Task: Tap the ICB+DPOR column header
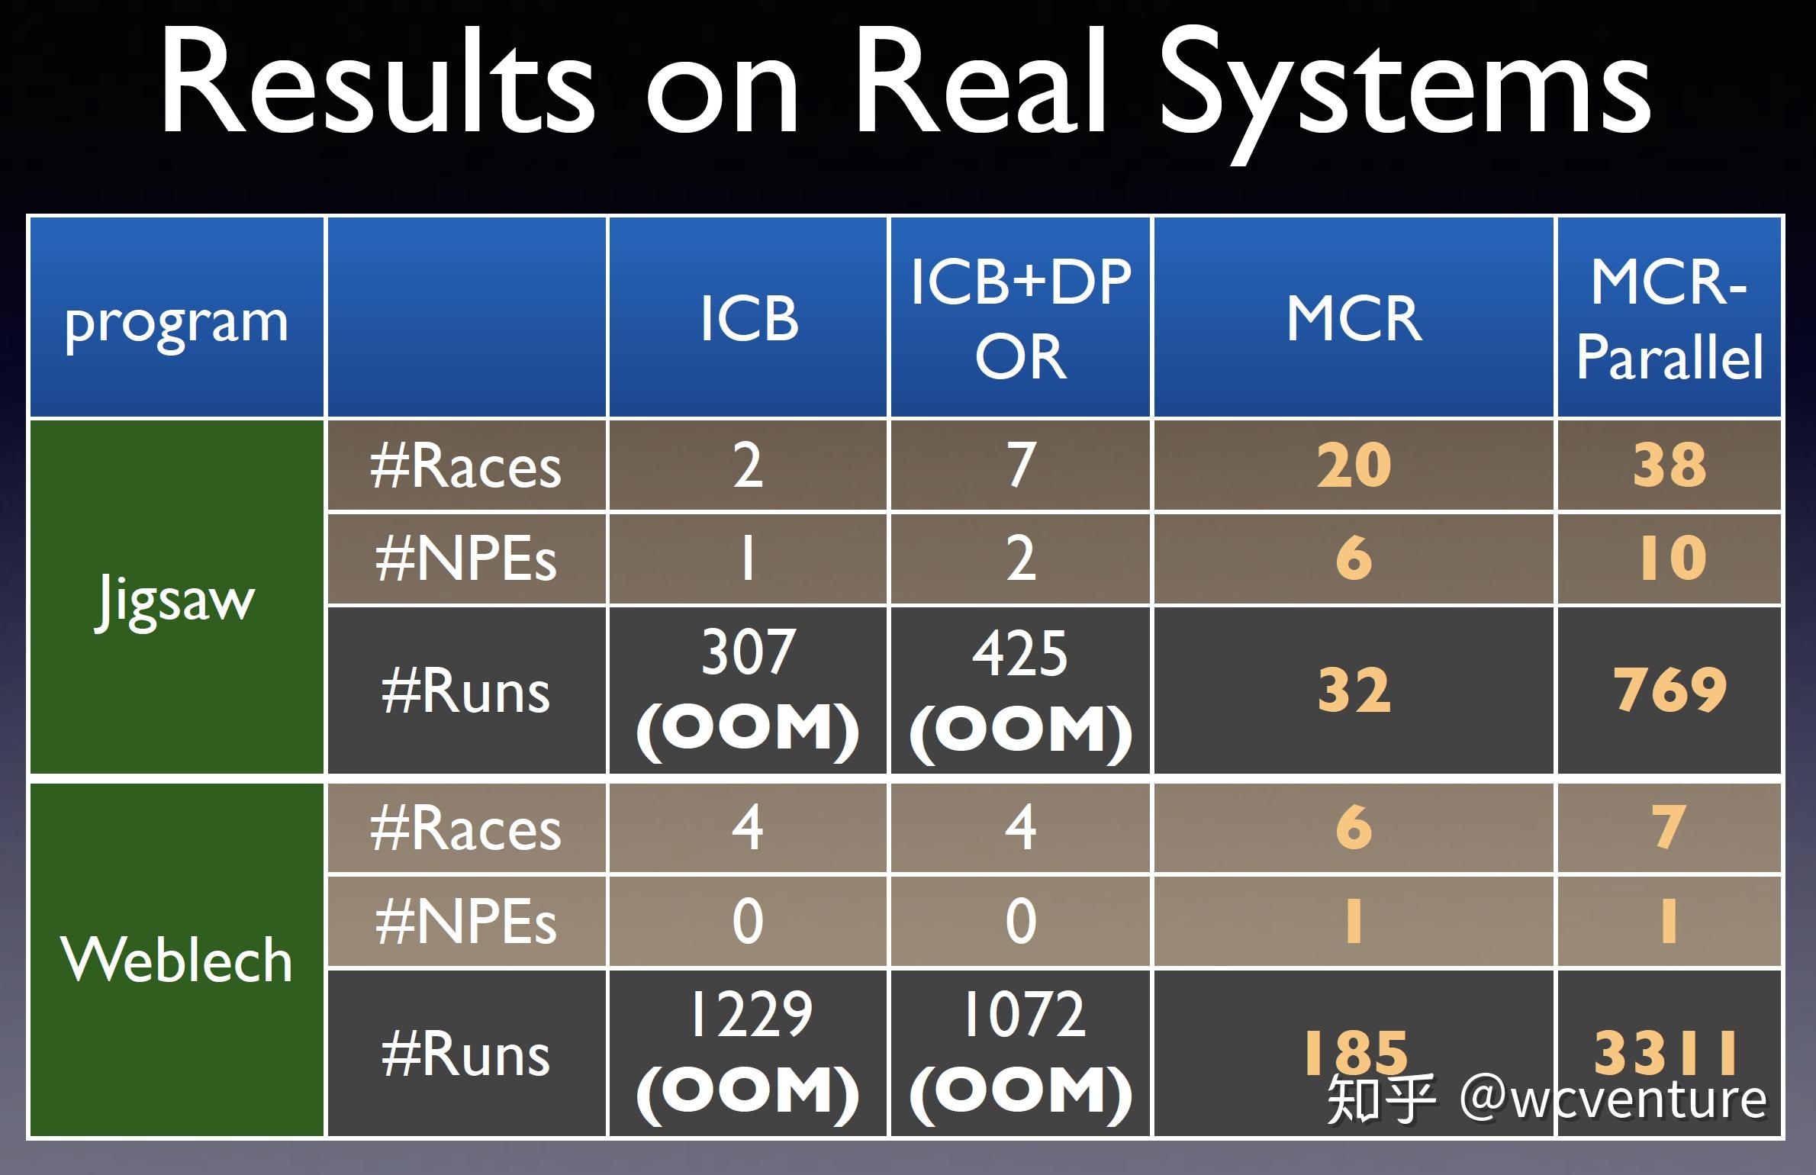[x=1021, y=318]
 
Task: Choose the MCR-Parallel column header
[x=1669, y=318]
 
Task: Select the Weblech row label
[x=176, y=960]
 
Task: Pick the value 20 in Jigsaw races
[x=1354, y=465]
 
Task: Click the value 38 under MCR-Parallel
[x=1669, y=465]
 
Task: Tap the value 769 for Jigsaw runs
[x=1669, y=690]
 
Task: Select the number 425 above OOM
[x=1020, y=654]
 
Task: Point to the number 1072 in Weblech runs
[x=1023, y=1014]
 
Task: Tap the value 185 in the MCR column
[x=1355, y=1052]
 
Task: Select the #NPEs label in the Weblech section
[x=465, y=922]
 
